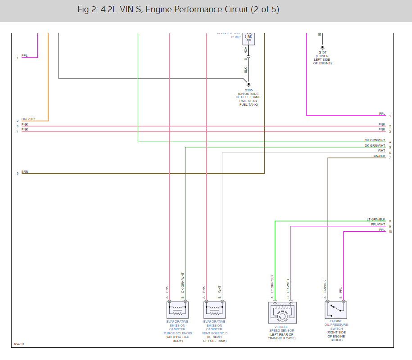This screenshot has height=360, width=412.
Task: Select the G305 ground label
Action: pyautogui.click(x=249, y=90)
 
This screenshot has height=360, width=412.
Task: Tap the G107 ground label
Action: pyautogui.click(x=322, y=52)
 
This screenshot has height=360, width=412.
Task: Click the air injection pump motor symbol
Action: pyautogui.click(x=249, y=36)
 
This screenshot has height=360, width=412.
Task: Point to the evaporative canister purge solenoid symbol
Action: pyautogui.click(x=177, y=310)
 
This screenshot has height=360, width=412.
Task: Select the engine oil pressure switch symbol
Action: pyautogui.click(x=335, y=310)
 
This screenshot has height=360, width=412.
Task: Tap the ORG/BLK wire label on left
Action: pyautogui.click(x=28, y=119)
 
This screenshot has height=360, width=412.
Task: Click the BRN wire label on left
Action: pyautogui.click(x=25, y=171)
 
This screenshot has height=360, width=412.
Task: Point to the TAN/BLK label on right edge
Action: pyautogui.click(x=379, y=156)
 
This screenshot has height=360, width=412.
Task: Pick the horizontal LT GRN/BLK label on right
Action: pyautogui.click(x=376, y=219)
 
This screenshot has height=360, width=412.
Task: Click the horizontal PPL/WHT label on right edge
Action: pyautogui.click(x=378, y=224)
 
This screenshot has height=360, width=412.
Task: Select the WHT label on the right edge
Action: pyautogui.click(x=381, y=151)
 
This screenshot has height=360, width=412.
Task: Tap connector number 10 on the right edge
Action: pyautogui.click(x=390, y=232)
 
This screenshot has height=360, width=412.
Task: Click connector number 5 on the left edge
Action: pyautogui.click(x=18, y=173)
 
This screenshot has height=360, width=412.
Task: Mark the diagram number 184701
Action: pyautogui.click(x=19, y=344)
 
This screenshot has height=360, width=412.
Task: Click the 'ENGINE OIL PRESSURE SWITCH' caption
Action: pyautogui.click(x=336, y=324)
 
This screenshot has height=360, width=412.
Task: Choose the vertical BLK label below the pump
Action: pyautogui.click(x=246, y=70)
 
